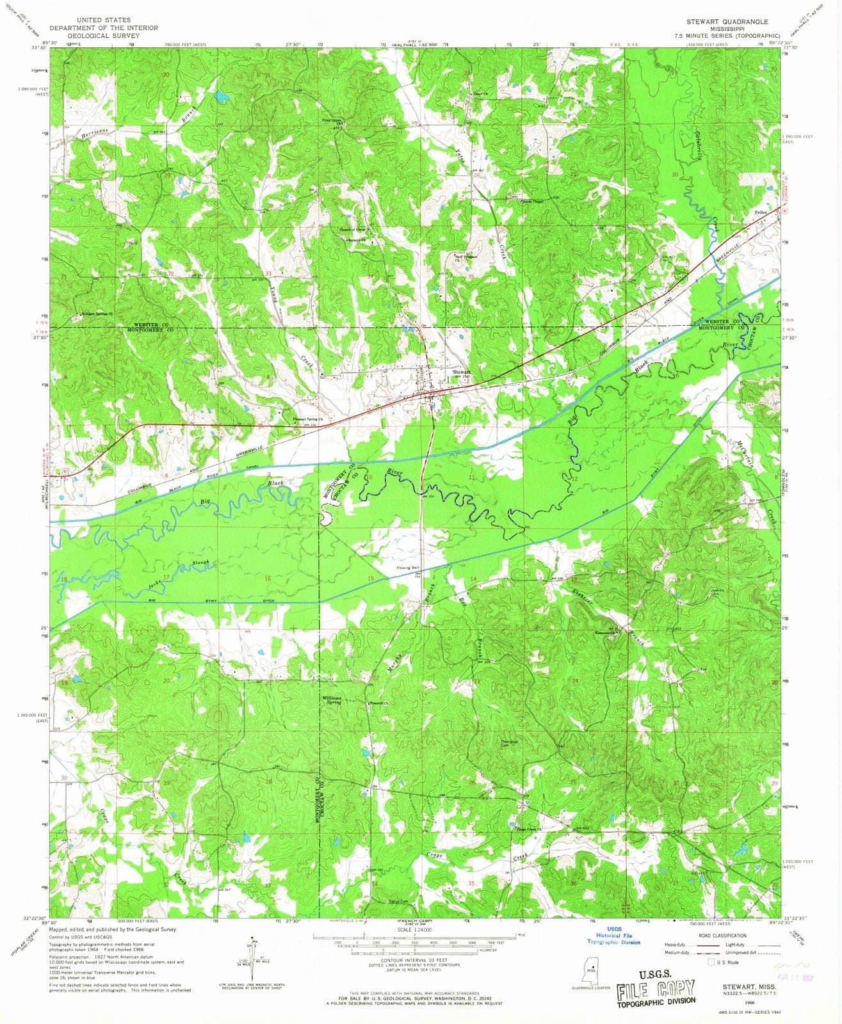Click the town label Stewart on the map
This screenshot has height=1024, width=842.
tap(462, 372)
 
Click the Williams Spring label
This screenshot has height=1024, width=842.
tap(332, 700)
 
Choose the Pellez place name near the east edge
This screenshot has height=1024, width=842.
tap(760, 212)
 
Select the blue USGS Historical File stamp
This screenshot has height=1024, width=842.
tap(614, 936)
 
